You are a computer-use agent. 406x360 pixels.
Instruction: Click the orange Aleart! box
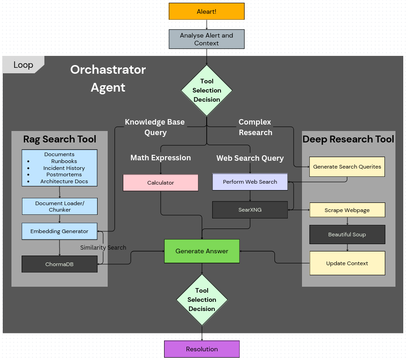pyautogui.click(x=206, y=11)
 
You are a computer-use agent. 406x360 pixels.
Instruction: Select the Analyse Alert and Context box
pyautogui.click(x=206, y=39)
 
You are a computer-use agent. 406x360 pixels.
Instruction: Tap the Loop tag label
pyautogui.click(x=23, y=65)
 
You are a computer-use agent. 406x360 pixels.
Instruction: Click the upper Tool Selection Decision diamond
pyautogui.click(x=207, y=90)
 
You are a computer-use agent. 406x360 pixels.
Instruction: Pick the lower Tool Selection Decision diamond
pyautogui.click(x=202, y=300)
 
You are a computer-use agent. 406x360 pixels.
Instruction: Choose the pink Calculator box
pyautogui.click(x=160, y=183)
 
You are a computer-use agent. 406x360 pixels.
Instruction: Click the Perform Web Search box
pyautogui.click(x=250, y=182)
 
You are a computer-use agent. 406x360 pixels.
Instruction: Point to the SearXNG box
pyautogui.click(x=250, y=209)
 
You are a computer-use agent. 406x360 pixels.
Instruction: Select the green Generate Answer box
pyautogui.click(x=202, y=251)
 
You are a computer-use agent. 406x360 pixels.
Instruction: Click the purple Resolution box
pyautogui.click(x=202, y=349)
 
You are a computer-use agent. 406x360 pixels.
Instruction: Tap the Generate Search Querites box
pyautogui.click(x=347, y=167)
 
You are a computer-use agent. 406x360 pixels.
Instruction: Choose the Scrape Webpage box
pyautogui.click(x=347, y=210)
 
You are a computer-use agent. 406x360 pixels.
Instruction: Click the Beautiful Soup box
pyautogui.click(x=347, y=235)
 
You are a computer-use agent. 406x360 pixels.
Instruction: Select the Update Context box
pyautogui.click(x=347, y=263)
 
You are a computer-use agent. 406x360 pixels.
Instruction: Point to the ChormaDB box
pyautogui.click(x=60, y=264)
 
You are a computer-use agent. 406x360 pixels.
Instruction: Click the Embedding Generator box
pyautogui.click(x=60, y=231)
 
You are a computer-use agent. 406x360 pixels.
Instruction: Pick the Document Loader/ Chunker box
pyautogui.click(x=60, y=207)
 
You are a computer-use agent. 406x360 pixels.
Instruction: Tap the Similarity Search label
pyautogui.click(x=103, y=247)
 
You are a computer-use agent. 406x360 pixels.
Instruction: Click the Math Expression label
pyautogui.click(x=160, y=158)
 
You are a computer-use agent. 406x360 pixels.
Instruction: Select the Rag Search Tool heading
pyautogui.click(x=60, y=139)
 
